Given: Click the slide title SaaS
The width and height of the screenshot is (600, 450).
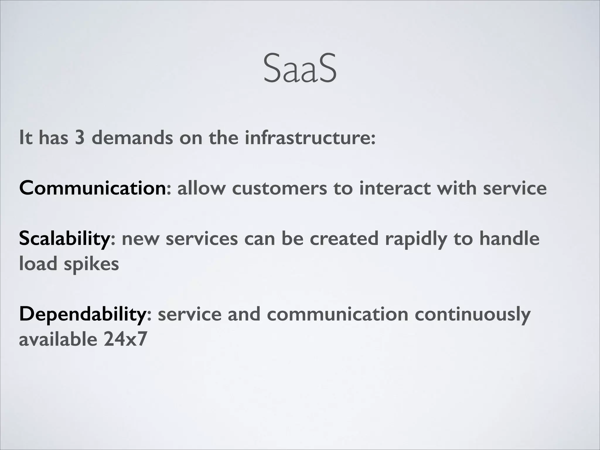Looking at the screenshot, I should [x=300, y=68].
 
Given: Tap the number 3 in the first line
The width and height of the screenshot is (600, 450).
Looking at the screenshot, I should [x=80, y=137].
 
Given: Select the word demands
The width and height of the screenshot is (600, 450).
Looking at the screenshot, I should [x=132, y=137].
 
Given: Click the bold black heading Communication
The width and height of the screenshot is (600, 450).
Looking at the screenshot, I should [x=93, y=188].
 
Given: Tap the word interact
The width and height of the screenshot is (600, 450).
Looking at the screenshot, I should [x=395, y=188].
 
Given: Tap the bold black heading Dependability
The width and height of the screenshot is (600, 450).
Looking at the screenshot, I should [x=82, y=314].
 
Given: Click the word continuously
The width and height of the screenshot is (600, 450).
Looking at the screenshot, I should [x=472, y=314].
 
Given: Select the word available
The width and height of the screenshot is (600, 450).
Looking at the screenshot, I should [x=58, y=339].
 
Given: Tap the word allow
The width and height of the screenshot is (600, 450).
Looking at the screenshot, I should [x=201, y=188].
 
